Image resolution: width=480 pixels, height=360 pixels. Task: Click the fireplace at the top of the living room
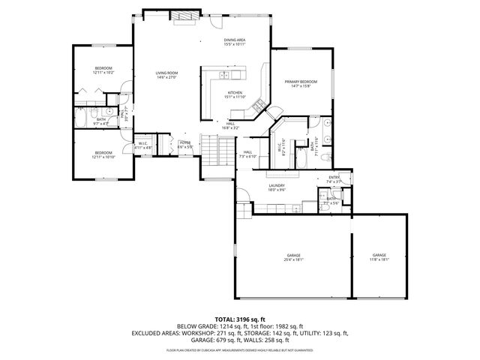point(181,15)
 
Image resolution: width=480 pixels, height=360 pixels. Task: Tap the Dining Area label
point(234,42)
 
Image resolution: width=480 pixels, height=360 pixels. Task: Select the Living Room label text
point(166,75)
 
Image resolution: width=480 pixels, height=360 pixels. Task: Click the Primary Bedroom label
point(300,83)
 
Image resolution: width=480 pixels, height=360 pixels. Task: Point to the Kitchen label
point(235,94)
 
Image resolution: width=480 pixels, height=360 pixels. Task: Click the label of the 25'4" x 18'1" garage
point(293,258)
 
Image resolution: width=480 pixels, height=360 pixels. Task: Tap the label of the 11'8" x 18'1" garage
point(379,258)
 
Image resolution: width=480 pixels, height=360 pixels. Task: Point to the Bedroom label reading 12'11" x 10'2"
point(103,70)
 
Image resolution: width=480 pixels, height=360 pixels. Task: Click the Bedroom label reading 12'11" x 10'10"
point(103,154)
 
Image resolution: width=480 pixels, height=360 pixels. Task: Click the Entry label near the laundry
point(334,179)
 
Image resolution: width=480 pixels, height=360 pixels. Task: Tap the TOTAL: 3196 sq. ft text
point(239,319)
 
